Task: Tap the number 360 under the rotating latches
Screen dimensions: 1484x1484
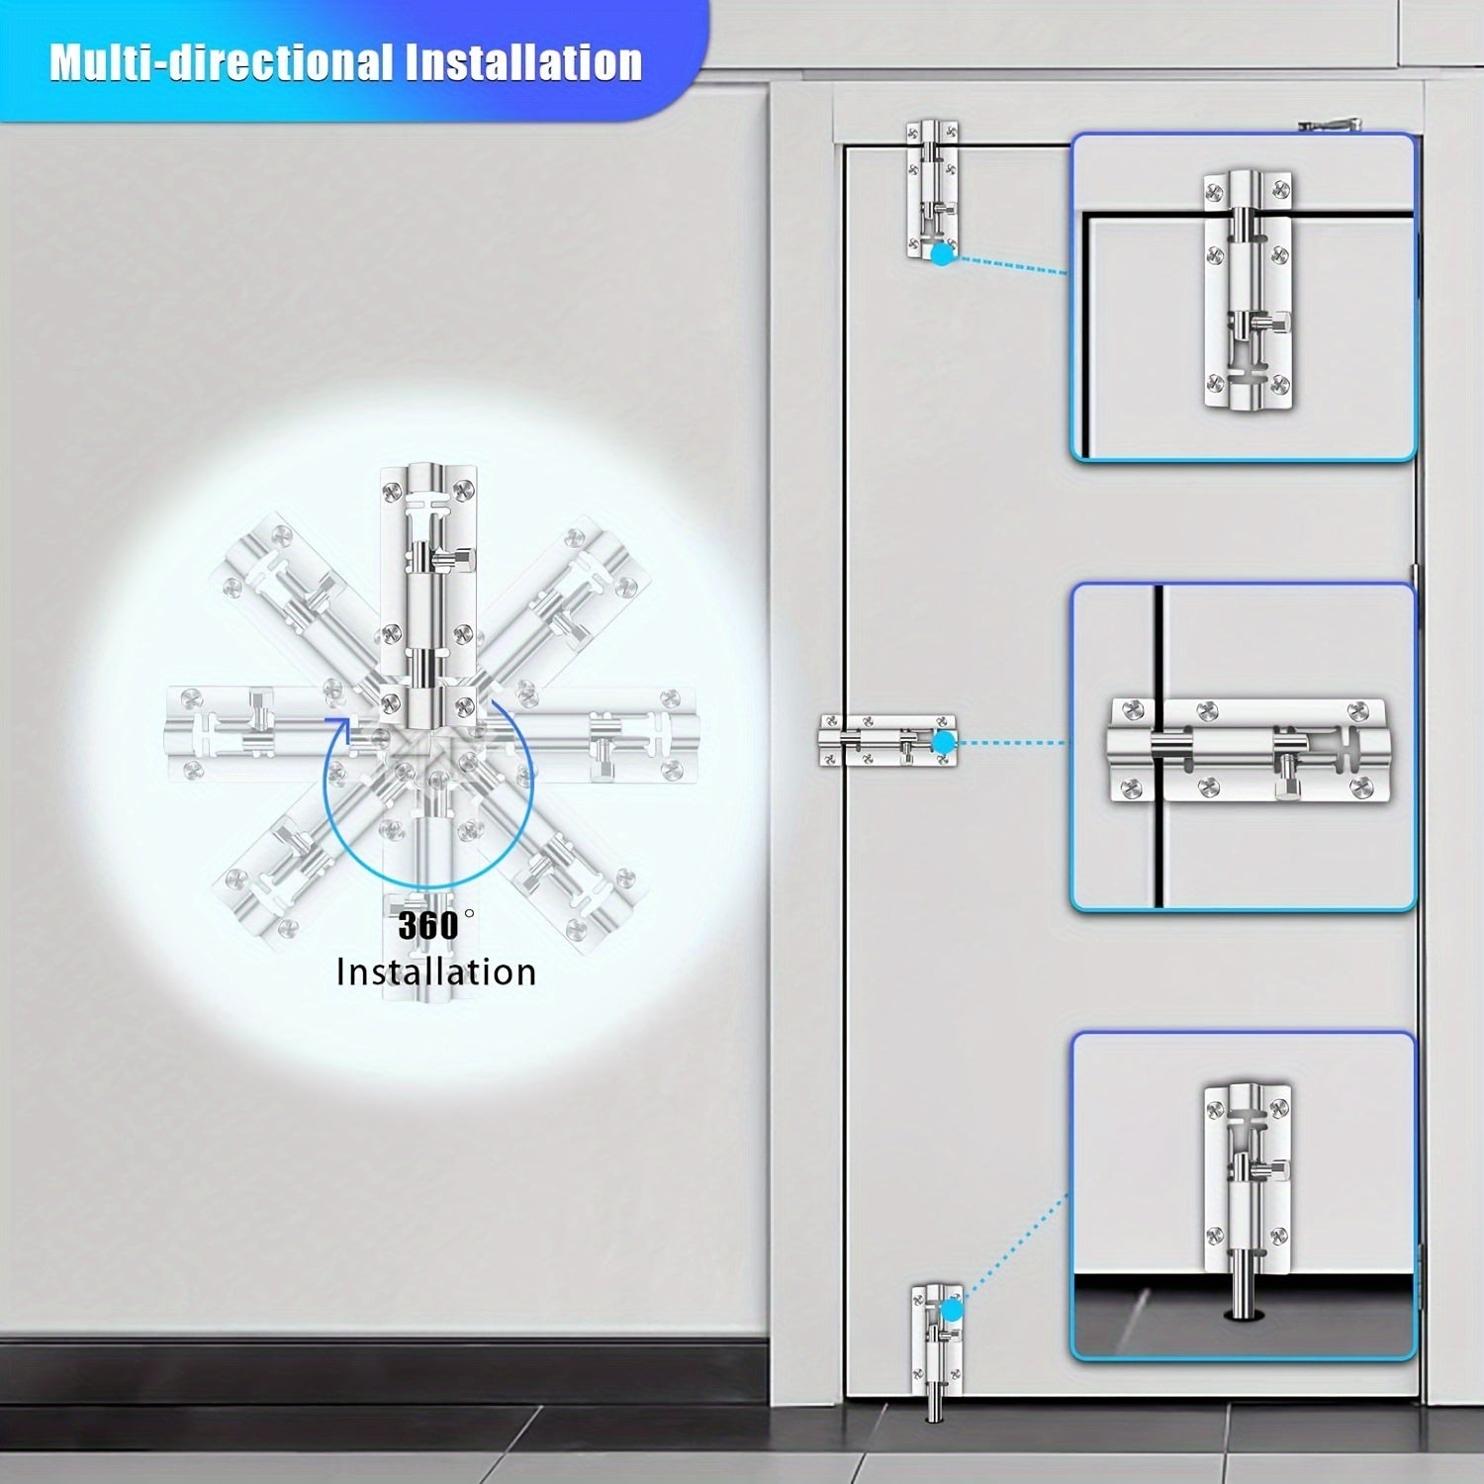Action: [x=428, y=926]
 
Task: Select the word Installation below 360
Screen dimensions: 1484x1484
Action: [x=436, y=972]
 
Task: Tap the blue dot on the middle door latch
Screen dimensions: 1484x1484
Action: [x=944, y=742]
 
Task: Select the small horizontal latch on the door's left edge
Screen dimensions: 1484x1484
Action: [x=887, y=741]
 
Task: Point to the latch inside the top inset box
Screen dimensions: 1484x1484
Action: [x=1249, y=283]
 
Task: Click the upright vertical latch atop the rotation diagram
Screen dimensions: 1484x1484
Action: [x=429, y=584]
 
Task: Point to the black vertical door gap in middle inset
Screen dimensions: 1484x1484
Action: [x=1157, y=747]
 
